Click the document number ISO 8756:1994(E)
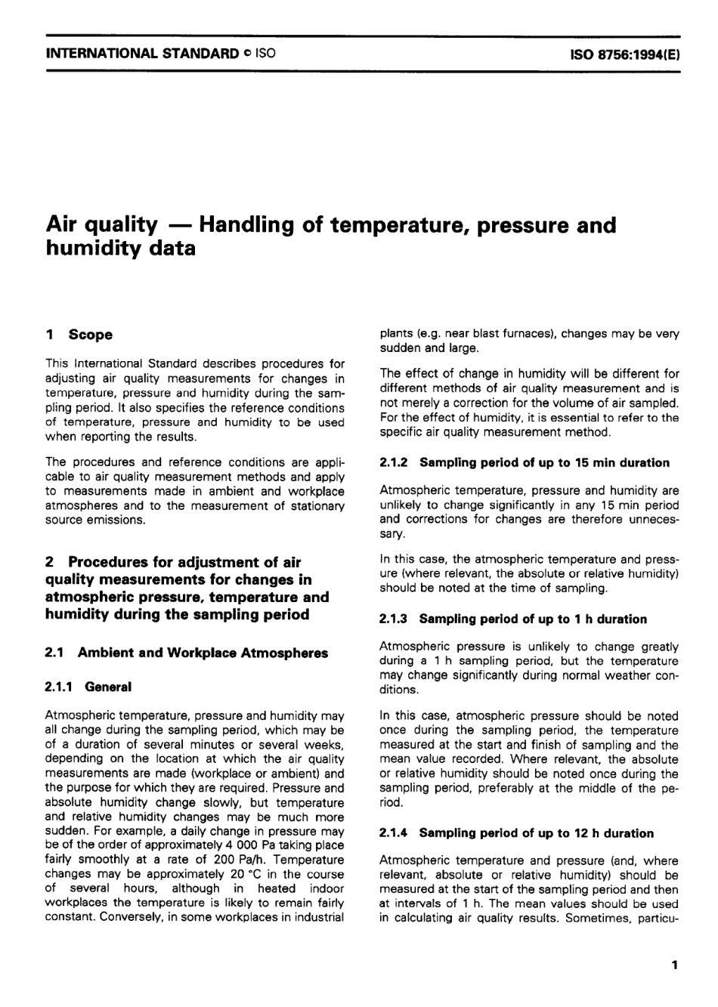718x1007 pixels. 624,54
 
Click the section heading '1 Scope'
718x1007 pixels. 79,335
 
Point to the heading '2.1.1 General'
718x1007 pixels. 88,687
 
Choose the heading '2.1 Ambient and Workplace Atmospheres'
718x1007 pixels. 187,653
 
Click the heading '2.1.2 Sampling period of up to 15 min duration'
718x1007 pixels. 525,462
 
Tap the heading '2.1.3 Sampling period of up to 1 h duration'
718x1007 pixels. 513,619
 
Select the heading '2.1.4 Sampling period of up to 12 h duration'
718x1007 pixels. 516,833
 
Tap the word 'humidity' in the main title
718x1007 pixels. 96,249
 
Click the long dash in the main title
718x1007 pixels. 178,225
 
